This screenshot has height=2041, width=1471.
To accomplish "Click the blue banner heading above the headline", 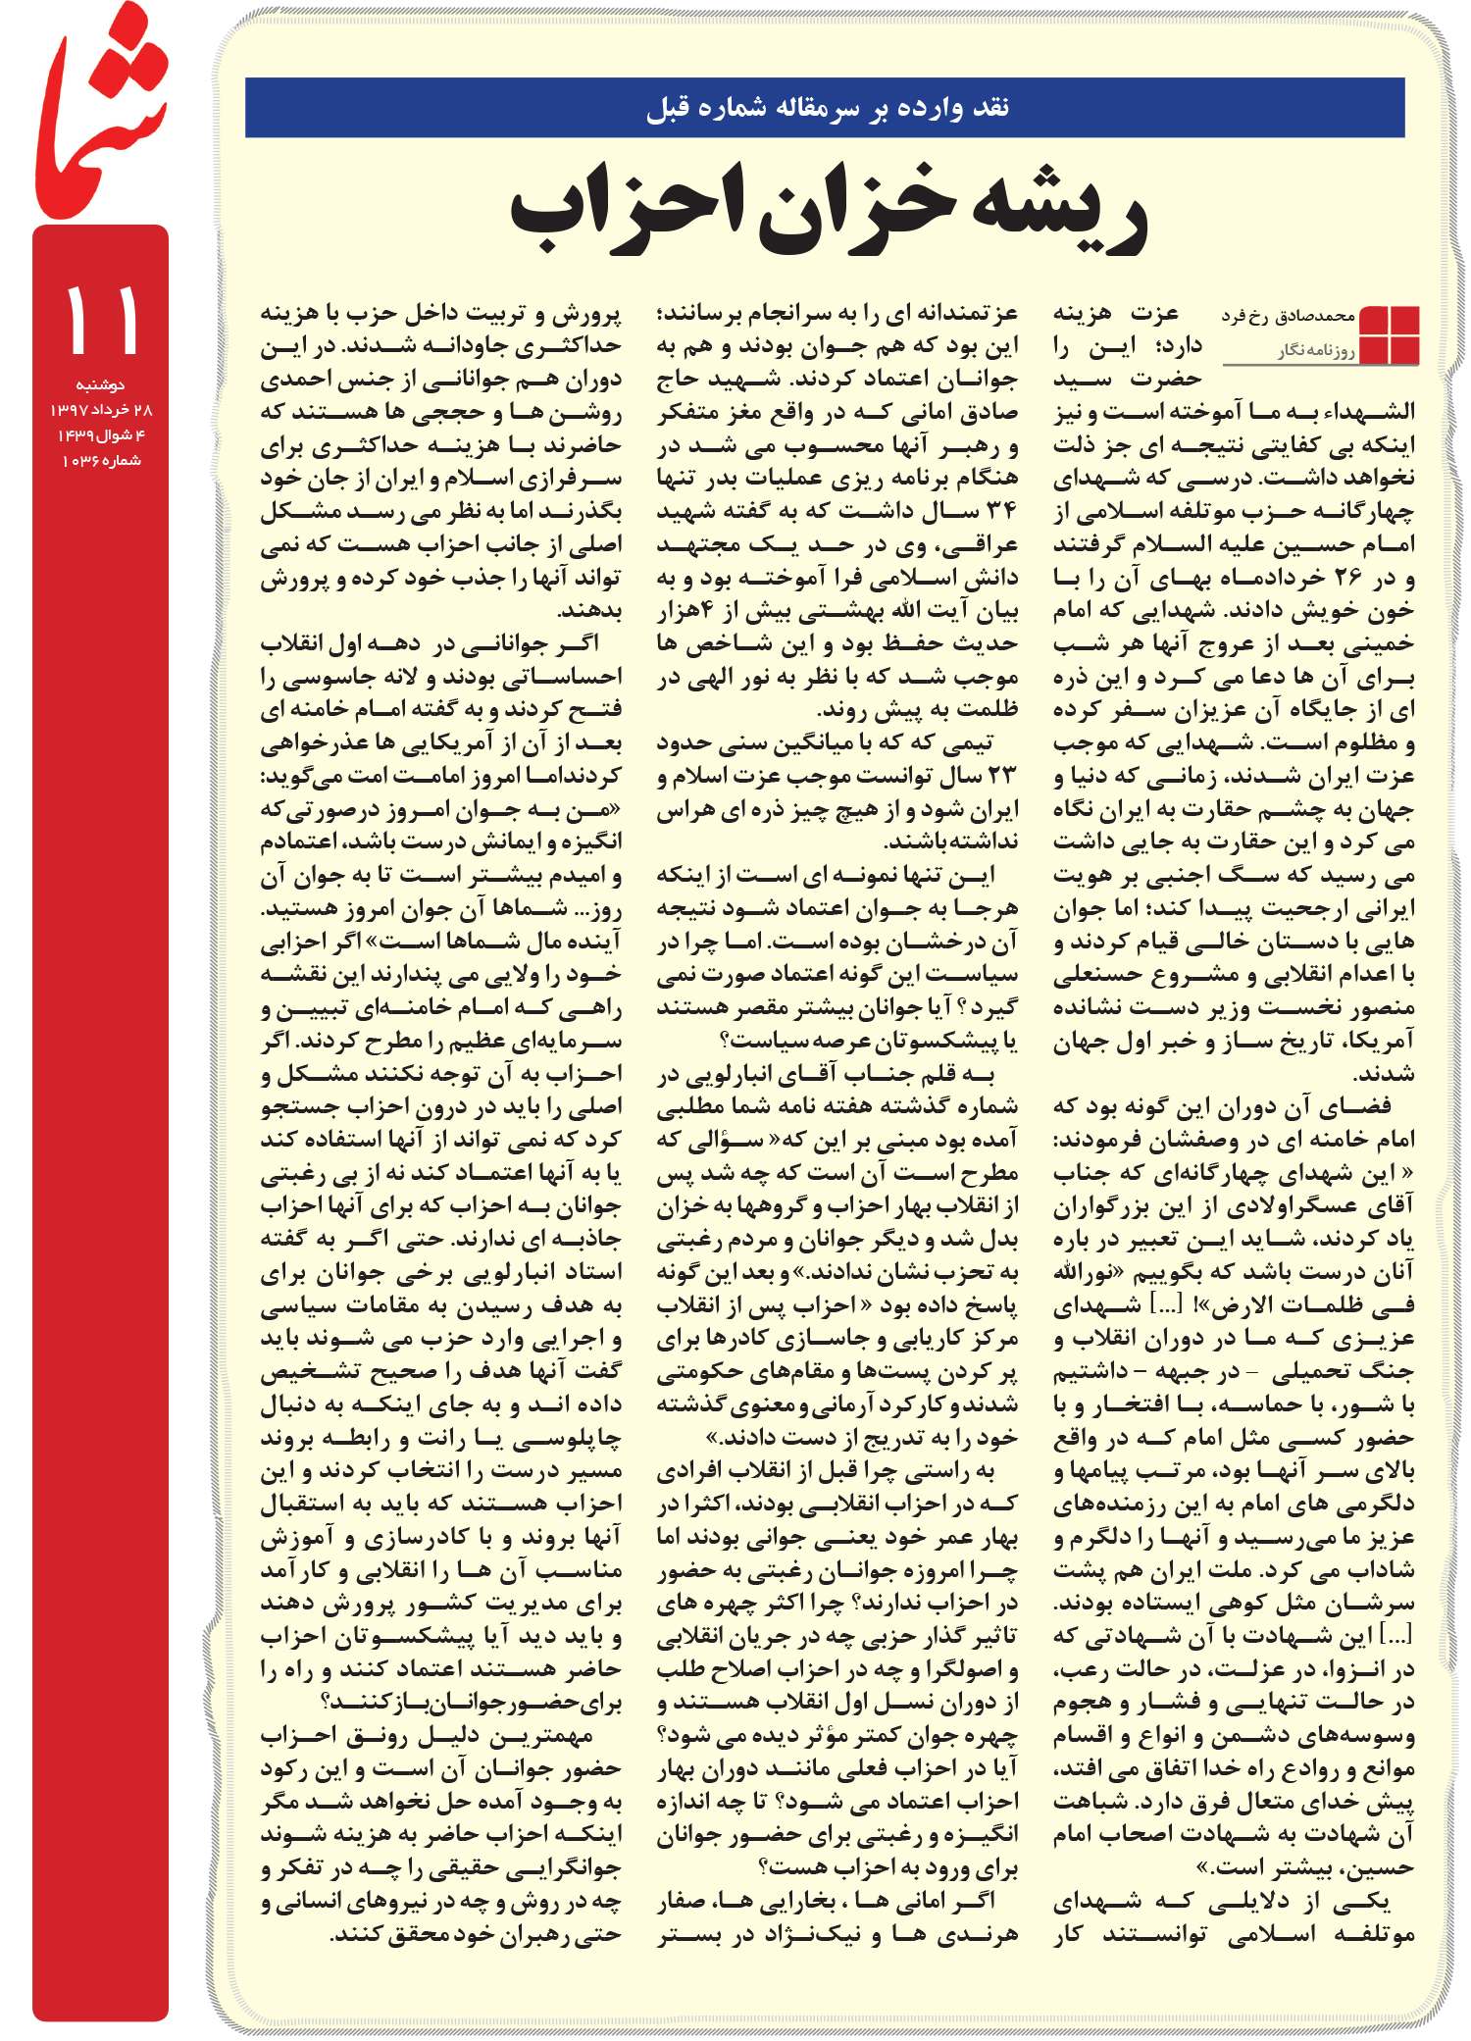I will point(826,107).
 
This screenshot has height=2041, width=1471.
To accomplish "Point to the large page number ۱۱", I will point(101,321).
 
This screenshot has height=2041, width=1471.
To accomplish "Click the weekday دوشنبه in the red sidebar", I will point(100,384).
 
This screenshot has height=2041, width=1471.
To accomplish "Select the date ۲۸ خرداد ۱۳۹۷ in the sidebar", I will point(100,410).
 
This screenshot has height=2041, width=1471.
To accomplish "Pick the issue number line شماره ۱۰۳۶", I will point(100,461).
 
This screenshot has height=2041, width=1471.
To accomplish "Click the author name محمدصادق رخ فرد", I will point(1288,316).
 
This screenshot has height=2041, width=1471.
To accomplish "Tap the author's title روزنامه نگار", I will point(1316,350).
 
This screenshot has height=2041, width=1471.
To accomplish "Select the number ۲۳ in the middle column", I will point(1001,776).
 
